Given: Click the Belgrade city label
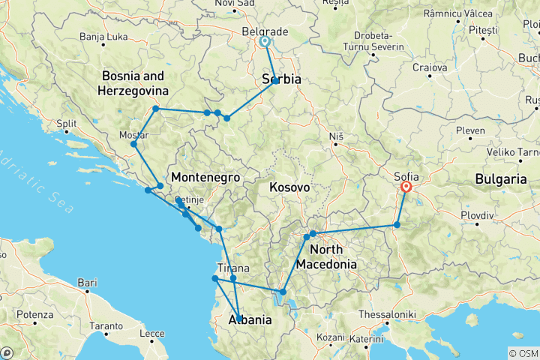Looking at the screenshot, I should (265, 31).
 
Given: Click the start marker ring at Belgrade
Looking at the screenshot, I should (265, 42).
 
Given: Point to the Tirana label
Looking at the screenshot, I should (233, 268).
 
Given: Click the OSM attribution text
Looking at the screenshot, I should (523, 352).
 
